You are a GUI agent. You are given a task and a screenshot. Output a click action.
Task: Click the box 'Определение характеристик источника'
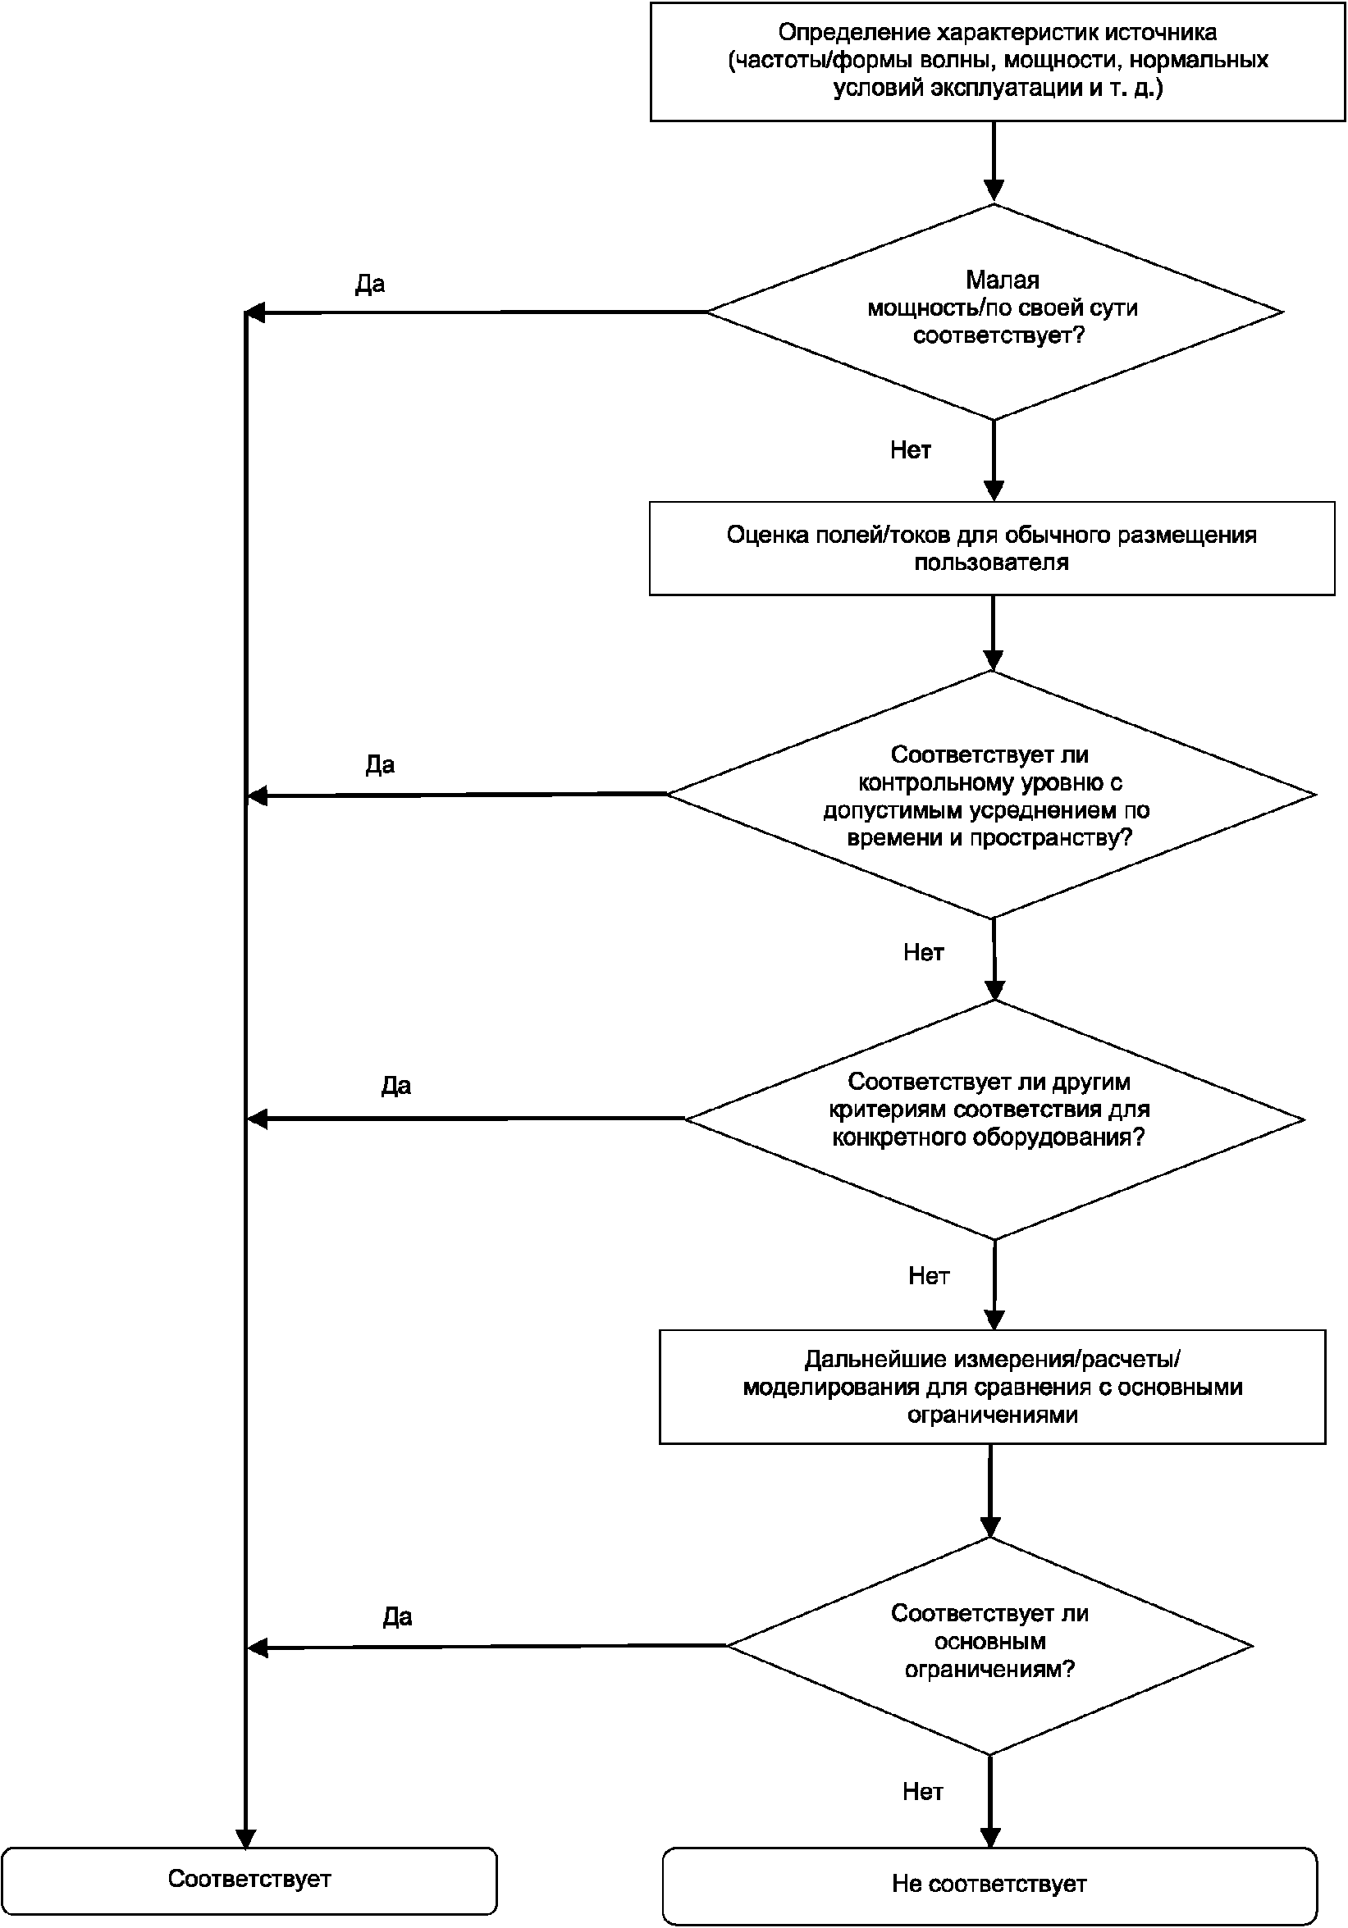coord(998,62)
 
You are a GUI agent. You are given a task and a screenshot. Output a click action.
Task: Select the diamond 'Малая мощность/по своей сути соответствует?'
coord(994,312)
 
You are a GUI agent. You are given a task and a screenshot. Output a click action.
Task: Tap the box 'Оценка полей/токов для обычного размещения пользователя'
coord(992,549)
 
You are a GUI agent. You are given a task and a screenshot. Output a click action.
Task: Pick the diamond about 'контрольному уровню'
coord(992,795)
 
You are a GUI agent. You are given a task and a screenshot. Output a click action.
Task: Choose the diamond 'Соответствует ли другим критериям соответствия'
coord(994,1119)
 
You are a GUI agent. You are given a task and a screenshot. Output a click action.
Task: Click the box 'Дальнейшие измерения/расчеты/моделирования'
coord(992,1387)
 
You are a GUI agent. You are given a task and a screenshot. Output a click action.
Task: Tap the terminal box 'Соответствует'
coord(249,1880)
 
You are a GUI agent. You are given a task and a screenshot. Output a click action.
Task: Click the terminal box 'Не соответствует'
coord(989,1885)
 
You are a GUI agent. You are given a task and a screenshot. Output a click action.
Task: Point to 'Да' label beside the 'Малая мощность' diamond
coord(370,285)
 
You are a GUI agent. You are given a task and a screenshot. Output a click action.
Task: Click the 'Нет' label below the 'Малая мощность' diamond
coord(912,451)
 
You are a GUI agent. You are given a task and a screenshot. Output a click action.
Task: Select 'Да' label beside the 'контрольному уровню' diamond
coord(381,765)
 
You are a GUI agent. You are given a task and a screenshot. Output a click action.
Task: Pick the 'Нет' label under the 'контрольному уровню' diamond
coord(924,952)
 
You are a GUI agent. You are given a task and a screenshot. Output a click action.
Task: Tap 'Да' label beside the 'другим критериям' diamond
coord(396,1087)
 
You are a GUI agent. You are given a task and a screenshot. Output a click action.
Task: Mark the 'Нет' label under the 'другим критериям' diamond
coord(929,1276)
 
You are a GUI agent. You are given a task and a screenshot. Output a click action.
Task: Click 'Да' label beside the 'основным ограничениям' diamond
coord(397,1617)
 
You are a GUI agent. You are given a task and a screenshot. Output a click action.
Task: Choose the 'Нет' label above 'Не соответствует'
coord(923,1792)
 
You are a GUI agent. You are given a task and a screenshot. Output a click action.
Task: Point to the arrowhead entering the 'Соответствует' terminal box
coord(245,1839)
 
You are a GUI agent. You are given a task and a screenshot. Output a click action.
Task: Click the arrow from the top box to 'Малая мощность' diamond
coord(994,163)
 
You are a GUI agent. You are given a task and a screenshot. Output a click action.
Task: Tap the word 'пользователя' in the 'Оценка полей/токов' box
coord(992,563)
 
